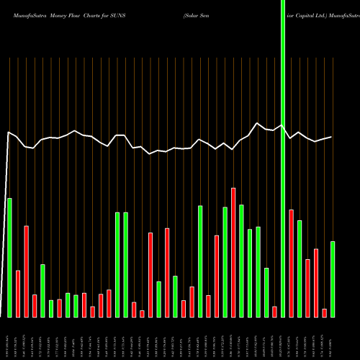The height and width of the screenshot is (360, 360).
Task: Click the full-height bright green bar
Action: click(283, 158)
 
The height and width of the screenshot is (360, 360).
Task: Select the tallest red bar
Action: click(233, 252)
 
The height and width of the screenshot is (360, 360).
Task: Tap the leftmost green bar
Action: click(9, 257)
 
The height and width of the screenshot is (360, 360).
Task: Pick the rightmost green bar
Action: click(333, 279)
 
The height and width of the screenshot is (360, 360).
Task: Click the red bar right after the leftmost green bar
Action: click(18, 293)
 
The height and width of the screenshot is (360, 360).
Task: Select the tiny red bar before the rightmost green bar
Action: click(325, 312)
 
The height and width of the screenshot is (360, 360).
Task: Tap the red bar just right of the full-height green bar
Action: click(292, 263)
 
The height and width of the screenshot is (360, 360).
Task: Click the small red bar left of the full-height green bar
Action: click(275, 311)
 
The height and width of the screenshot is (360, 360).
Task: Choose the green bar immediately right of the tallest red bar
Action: click(242, 261)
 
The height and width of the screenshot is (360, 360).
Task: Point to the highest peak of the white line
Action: click(258, 123)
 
